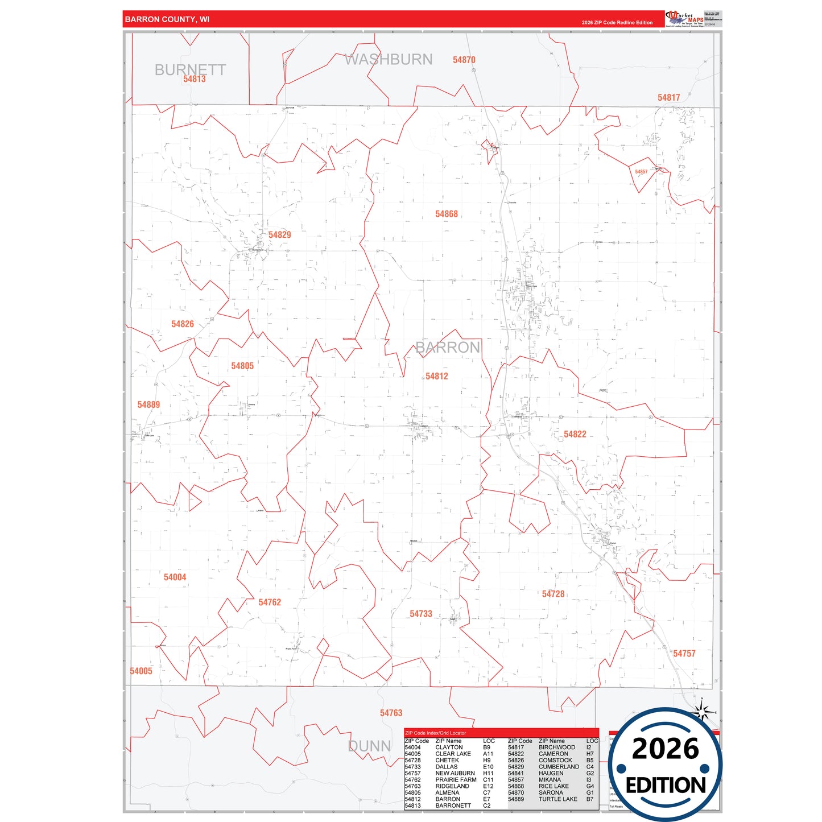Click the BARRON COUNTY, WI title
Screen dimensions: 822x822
pos(167,19)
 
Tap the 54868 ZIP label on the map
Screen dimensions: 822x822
pos(447,214)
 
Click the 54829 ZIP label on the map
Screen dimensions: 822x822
pos(279,235)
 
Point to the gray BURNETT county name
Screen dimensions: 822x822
pos(190,69)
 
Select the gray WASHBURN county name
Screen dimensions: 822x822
pos(389,59)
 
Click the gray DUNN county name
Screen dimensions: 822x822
pos(369,746)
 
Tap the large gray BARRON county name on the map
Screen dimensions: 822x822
pos(448,348)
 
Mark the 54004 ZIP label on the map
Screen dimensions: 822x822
pos(175,577)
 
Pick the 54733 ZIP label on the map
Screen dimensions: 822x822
pos(421,614)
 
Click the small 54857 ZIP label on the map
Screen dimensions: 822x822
pos(641,172)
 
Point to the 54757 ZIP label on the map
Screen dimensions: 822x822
pos(684,654)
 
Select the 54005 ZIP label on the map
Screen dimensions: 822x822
pos(141,671)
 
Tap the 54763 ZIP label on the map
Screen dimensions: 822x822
pos(391,713)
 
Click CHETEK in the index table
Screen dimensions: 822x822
pos(447,761)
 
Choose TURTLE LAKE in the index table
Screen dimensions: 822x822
pos(557,799)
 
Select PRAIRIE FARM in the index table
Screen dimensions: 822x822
pos(456,780)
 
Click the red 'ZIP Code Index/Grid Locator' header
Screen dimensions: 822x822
pos(435,733)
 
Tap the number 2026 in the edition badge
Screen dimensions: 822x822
pos(665,749)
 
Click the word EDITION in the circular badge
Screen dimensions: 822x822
pos(666,786)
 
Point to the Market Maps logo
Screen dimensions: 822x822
pos(685,18)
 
